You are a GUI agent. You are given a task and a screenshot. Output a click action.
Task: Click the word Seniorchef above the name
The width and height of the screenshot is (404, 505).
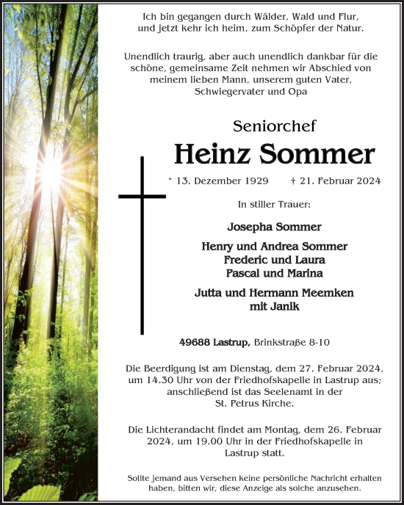click(274, 126)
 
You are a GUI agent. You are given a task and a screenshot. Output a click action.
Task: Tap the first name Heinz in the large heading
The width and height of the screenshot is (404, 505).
click(214, 155)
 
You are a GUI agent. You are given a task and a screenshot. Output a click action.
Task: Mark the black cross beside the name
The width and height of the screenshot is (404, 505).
click(142, 242)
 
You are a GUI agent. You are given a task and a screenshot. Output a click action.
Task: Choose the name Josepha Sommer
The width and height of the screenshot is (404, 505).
click(274, 227)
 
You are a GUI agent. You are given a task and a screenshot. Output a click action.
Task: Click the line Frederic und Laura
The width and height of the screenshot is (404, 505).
click(274, 260)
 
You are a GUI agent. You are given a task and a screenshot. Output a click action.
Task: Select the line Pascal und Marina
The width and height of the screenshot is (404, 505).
click(274, 273)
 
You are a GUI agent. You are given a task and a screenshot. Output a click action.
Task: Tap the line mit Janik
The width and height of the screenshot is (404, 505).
click(274, 306)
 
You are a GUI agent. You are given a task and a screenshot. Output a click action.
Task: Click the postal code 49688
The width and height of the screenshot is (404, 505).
click(196, 342)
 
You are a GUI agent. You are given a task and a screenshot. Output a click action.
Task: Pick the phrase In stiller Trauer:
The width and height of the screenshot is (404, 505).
click(274, 204)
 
